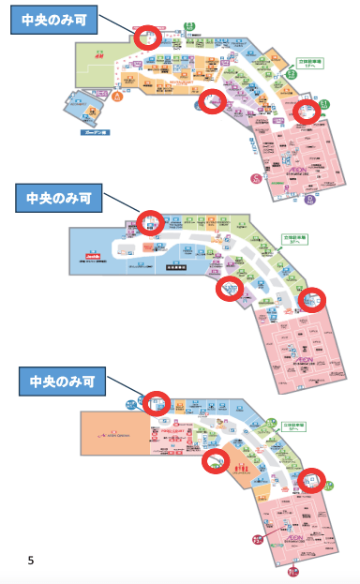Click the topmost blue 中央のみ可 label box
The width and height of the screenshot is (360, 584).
(52, 21)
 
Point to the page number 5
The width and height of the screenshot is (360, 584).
(31, 561)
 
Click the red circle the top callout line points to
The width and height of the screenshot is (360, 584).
(147, 38)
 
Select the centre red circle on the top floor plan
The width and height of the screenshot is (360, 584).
(214, 102)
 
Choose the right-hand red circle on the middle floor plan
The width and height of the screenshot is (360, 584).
(312, 300)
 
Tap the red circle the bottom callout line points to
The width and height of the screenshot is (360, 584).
(157, 403)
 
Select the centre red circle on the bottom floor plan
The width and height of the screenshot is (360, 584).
(217, 460)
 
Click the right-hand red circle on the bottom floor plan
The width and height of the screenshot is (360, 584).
(312, 480)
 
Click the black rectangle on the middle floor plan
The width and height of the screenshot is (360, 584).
(177, 267)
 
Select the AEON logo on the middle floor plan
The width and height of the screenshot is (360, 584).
(302, 358)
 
